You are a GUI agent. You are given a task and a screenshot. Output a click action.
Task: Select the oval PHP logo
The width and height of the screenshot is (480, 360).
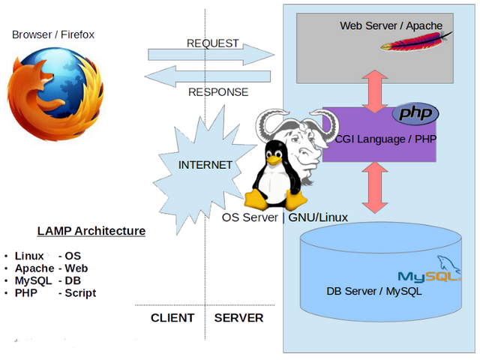[x=415, y=114]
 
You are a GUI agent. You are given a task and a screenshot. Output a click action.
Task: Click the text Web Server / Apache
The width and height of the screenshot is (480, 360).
[x=391, y=25]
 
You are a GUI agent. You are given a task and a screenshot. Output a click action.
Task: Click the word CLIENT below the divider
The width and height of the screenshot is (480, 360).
[x=172, y=318]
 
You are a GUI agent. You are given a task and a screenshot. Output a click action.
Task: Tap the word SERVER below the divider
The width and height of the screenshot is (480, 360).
[x=238, y=318]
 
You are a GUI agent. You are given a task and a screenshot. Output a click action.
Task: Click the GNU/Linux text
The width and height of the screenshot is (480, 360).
[x=318, y=217]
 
